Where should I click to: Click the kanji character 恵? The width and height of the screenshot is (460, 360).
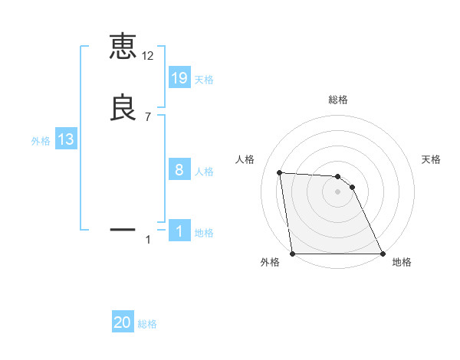(x=123, y=47)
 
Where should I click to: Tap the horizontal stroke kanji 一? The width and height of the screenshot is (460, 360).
(x=123, y=228)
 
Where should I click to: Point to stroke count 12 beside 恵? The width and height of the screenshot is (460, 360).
(x=147, y=56)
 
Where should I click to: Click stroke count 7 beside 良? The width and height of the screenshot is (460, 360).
(x=147, y=117)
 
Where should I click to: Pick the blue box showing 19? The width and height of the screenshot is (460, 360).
(x=179, y=78)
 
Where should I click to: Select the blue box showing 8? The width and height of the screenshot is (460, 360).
(x=179, y=170)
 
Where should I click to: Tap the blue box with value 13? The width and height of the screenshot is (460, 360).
(x=66, y=139)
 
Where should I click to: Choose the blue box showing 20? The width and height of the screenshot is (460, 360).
(x=123, y=323)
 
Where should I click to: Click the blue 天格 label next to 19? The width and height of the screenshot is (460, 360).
(x=204, y=80)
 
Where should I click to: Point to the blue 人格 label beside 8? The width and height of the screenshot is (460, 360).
(x=204, y=172)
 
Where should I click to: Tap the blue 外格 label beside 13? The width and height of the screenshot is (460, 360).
(x=41, y=141)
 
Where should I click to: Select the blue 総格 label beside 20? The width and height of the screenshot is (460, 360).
(x=147, y=325)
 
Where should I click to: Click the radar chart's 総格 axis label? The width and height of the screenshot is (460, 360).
(x=338, y=100)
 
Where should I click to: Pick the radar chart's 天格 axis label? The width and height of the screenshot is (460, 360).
(x=431, y=159)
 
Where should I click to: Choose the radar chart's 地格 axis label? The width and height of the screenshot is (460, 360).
(x=402, y=262)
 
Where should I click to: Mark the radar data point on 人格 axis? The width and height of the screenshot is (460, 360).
(x=280, y=172)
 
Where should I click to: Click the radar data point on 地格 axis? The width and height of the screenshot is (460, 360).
(x=382, y=254)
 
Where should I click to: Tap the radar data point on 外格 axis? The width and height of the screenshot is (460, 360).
(x=293, y=254)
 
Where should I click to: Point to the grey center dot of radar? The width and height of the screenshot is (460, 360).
(x=337, y=191)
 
